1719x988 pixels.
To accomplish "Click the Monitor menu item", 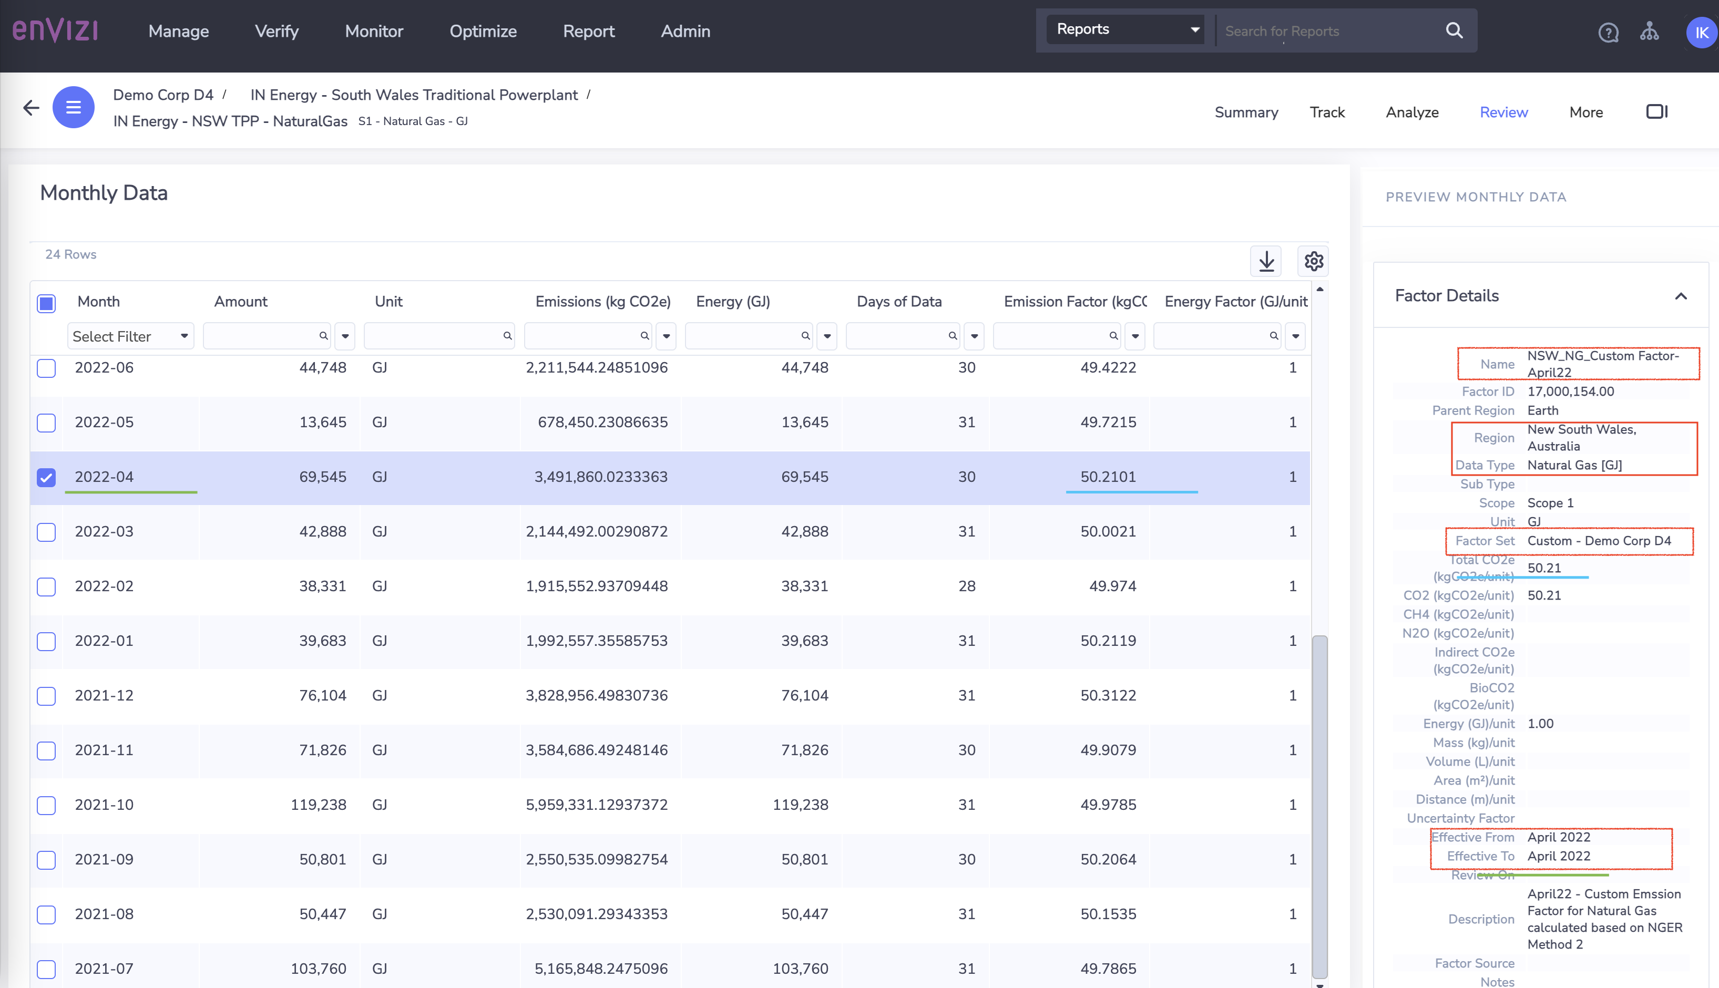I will tap(374, 31).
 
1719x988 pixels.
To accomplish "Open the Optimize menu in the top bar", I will tap(483, 31).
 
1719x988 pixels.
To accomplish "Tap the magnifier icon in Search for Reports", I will tap(1454, 30).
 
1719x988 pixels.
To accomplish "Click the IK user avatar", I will tap(1701, 33).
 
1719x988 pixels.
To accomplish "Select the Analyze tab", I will tap(1411, 112).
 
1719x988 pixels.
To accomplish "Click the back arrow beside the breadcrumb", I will tap(31, 107).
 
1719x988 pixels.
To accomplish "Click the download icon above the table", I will tap(1266, 261).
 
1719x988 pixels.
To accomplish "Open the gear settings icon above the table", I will tap(1313, 261).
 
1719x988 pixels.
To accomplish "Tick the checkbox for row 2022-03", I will tap(46, 532).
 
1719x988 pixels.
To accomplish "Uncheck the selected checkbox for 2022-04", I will tap(46, 477).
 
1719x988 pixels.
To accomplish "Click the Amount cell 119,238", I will tap(318, 805).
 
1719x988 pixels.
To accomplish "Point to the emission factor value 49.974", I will tap(1112, 586).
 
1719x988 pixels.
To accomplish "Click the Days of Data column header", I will tap(898, 301).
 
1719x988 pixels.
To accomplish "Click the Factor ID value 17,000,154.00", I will tap(1570, 392).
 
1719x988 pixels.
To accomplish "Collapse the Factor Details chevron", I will tap(1680, 296).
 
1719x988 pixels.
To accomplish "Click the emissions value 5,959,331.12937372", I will tap(597, 805).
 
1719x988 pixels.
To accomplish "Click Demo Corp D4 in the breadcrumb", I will tap(163, 95).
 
